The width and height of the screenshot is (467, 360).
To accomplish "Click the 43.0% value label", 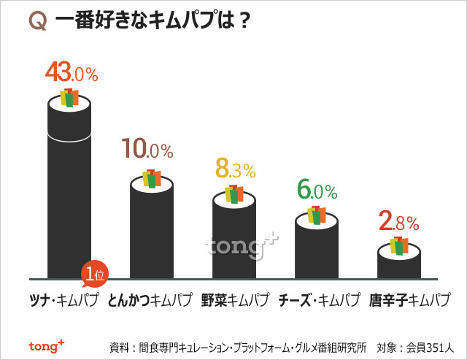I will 71,72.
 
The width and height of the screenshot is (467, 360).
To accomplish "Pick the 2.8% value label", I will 398,220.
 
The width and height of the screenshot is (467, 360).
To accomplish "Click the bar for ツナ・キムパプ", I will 69,197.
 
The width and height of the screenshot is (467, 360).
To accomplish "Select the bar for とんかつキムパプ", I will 152,234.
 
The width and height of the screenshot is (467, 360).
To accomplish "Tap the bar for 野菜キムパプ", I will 234,241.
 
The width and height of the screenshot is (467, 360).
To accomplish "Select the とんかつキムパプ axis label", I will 150,300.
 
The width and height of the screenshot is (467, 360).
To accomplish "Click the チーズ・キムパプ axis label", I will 320,300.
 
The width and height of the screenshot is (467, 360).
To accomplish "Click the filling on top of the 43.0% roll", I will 69,98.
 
